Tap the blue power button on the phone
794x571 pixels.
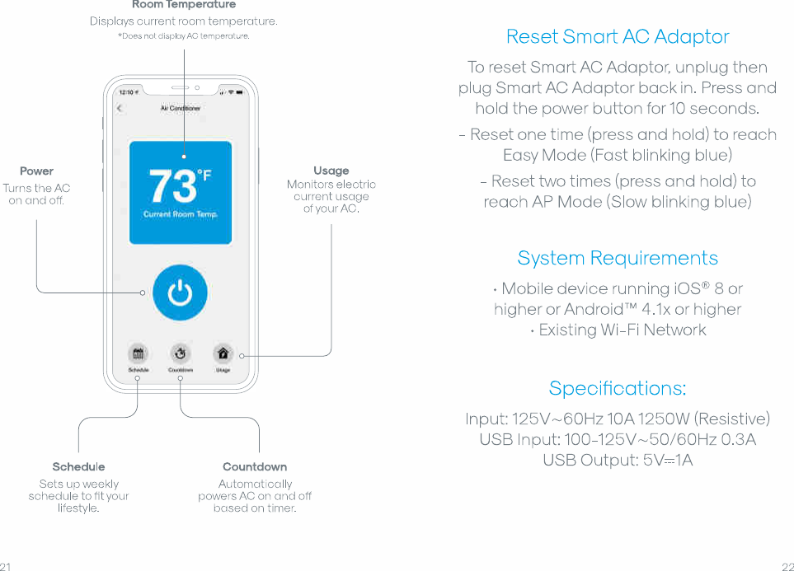(180, 293)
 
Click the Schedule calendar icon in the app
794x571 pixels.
(138, 354)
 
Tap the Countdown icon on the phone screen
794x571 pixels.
(180, 354)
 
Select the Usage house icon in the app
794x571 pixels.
(223, 354)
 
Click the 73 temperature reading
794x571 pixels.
(173, 187)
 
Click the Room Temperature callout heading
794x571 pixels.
(183, 5)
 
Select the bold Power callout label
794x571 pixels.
(36, 171)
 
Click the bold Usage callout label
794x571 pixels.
(331, 171)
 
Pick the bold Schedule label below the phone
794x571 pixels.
(78, 467)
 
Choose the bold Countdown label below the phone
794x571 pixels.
(255, 467)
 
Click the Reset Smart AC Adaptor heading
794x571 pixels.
(618, 37)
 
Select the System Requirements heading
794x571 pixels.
(618, 258)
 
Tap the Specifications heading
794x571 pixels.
(618, 388)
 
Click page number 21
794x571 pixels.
(6, 566)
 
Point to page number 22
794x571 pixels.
(787, 566)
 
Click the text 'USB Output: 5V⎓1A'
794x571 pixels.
(618, 461)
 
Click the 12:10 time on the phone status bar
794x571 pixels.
(127, 92)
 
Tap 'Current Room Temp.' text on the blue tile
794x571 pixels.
(180, 214)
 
